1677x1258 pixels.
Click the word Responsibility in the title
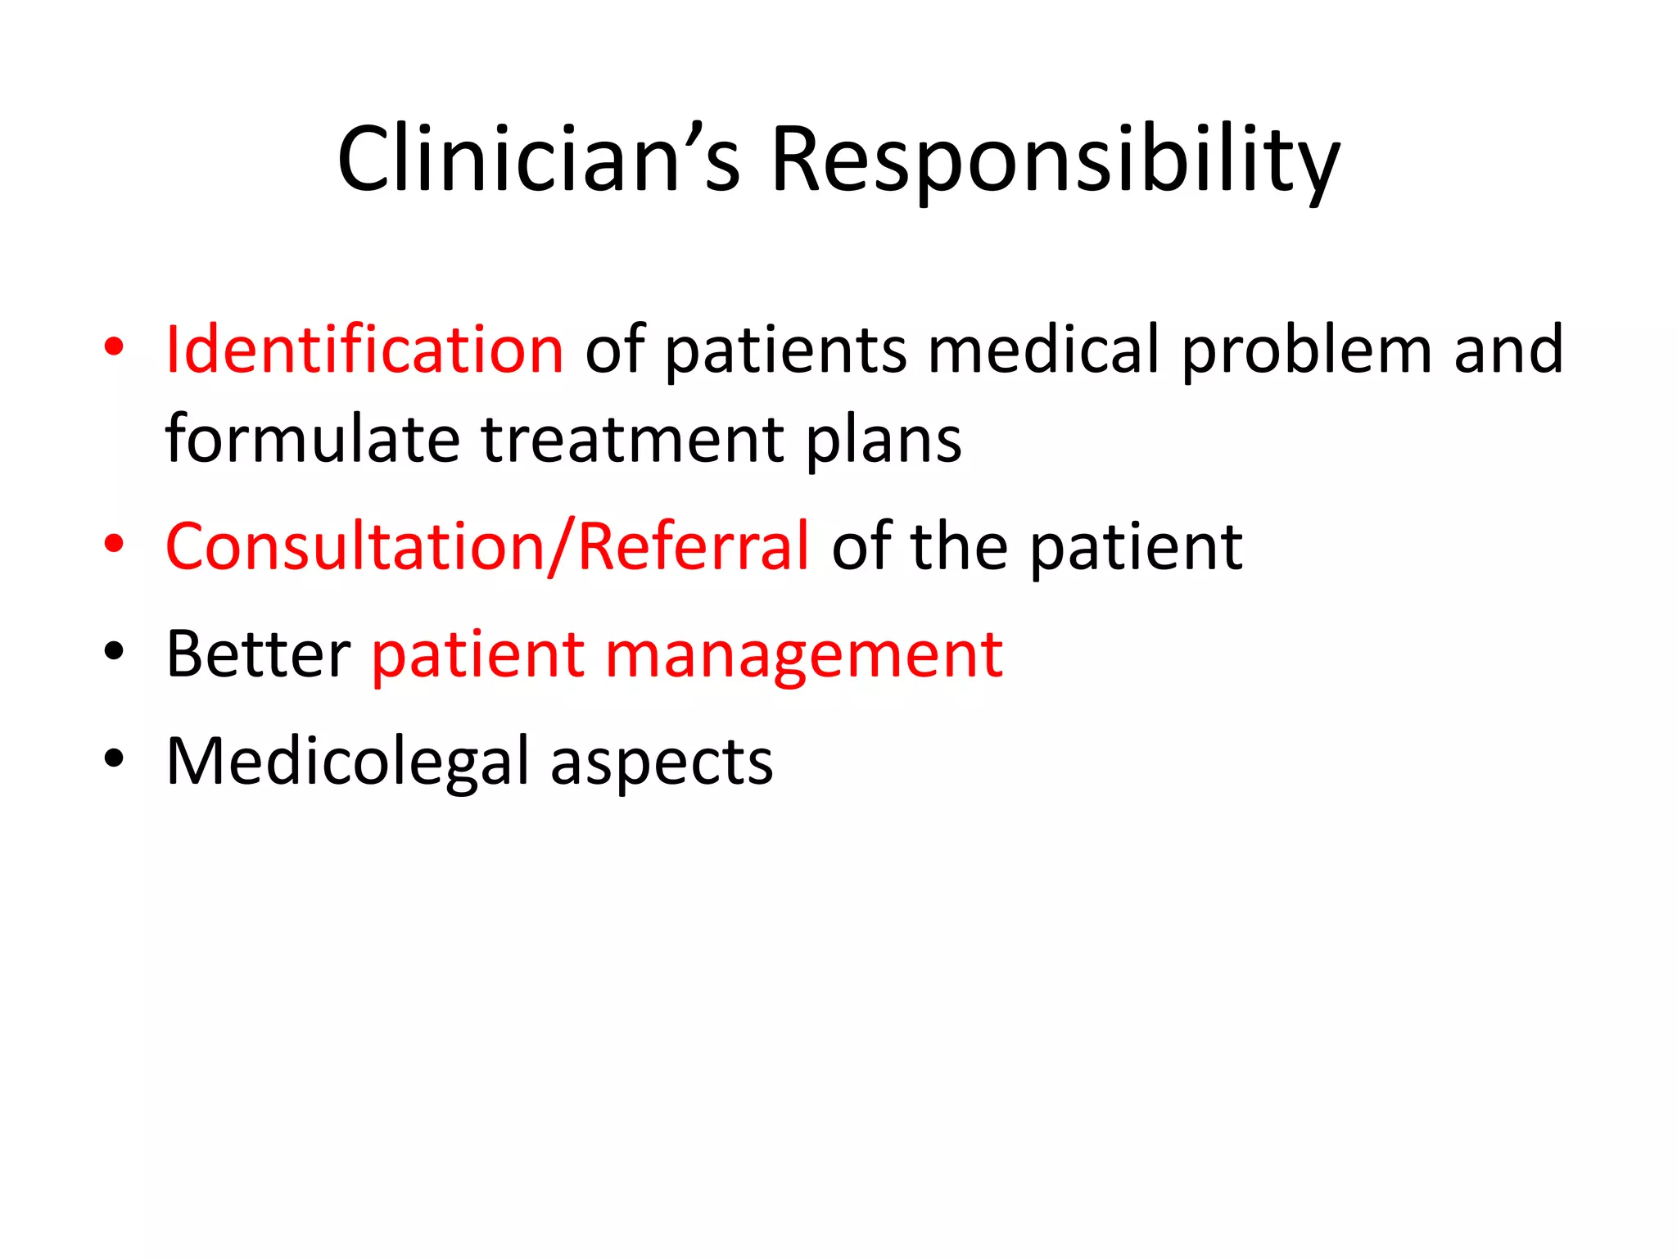tap(1055, 161)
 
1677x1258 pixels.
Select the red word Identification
tap(364, 350)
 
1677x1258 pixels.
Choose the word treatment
tap(632, 440)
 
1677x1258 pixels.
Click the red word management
tap(804, 655)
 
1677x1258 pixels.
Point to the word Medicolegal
tap(349, 761)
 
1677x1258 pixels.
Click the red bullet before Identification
tap(114, 347)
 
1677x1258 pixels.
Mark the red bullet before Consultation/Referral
tap(114, 543)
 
